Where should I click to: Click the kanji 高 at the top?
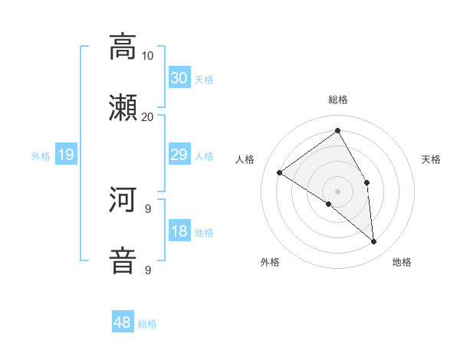click(x=123, y=47)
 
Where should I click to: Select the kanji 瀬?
click(x=123, y=108)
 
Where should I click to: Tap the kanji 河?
click(x=123, y=200)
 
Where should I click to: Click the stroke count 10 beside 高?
click(x=148, y=55)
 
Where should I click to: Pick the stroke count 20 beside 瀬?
click(x=148, y=116)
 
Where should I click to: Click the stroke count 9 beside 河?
click(x=148, y=208)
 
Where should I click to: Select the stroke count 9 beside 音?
click(x=148, y=270)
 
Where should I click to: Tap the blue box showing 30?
click(x=179, y=78)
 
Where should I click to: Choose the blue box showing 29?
click(x=179, y=155)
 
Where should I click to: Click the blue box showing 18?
click(x=179, y=231)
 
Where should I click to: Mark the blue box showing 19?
click(x=66, y=155)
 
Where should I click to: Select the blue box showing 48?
click(x=123, y=322)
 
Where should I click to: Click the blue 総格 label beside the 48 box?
click(x=147, y=324)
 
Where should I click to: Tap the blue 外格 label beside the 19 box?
click(x=41, y=156)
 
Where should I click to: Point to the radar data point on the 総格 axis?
click(x=337, y=131)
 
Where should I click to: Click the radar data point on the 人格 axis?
click(x=280, y=173)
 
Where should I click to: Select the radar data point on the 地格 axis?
click(x=373, y=242)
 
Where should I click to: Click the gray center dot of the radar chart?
click(x=337, y=191)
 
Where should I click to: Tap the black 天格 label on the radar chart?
click(x=431, y=159)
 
